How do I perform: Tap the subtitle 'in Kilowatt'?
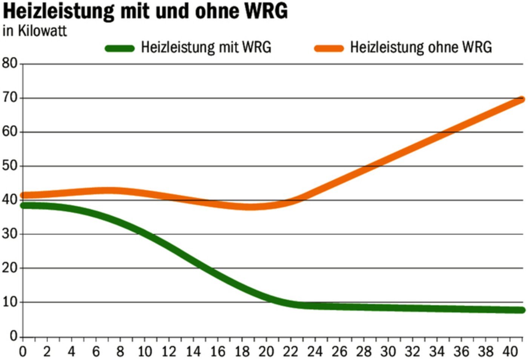34,31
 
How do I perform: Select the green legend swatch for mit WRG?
120,48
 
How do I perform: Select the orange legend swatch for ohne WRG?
329,48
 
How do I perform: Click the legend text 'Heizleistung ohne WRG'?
421,47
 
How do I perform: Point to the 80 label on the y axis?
10,63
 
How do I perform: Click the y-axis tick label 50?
10,165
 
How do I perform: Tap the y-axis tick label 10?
10,302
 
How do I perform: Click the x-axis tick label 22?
290,352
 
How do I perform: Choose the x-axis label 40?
510,352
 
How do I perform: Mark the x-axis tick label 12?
169,352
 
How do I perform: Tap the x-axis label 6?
96,352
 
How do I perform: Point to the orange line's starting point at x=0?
23,195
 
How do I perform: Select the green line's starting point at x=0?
23,205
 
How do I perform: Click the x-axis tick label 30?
388,352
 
